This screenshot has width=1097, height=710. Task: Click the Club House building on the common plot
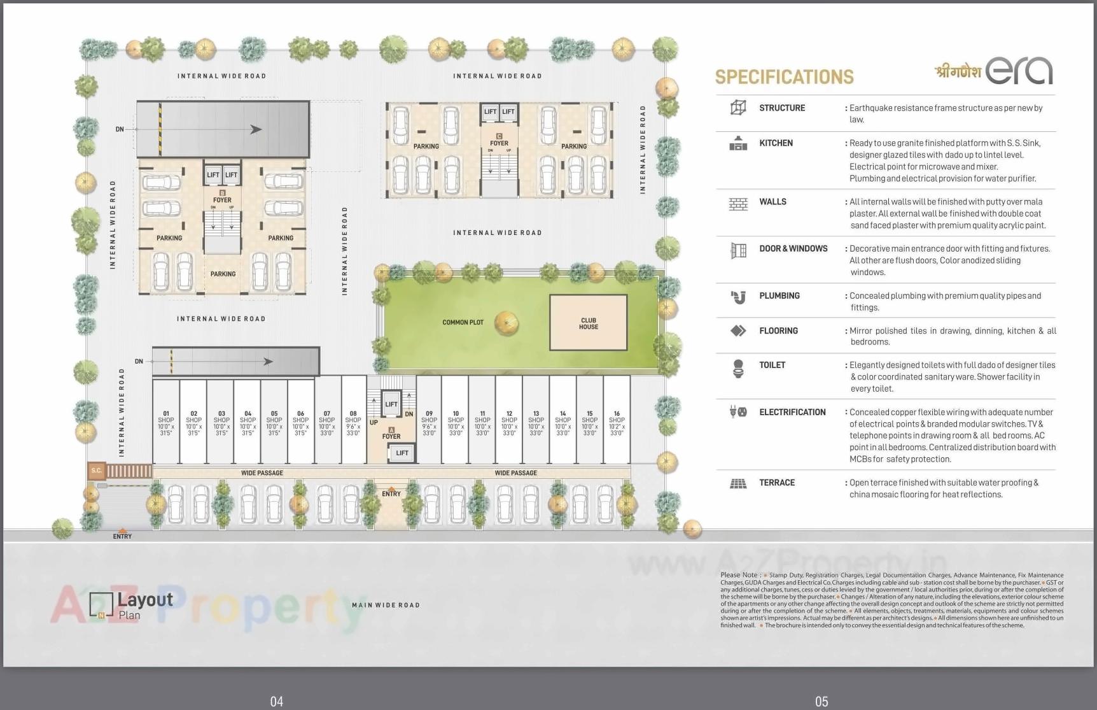pos(588,323)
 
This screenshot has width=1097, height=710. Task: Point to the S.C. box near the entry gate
pos(96,471)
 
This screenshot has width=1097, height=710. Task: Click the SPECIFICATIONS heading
pos(784,77)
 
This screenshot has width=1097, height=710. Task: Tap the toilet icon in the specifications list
pos(738,369)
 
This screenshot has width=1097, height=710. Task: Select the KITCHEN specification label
pos(776,143)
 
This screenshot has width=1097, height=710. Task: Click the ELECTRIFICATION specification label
pos(792,412)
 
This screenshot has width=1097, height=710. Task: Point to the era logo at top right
pos(1019,70)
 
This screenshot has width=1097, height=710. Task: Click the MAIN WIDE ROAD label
pos(386,605)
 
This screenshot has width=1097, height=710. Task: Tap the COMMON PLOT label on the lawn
pos(463,322)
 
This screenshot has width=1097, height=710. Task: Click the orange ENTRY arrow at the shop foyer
pos(392,486)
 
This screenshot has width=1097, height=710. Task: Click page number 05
pos(821,701)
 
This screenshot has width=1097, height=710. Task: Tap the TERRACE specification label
pos(776,483)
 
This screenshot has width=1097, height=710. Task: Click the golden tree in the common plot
pos(506,322)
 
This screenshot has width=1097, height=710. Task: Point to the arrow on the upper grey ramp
pos(256,129)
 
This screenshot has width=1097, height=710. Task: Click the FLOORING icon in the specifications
pos(738,330)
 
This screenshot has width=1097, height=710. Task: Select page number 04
pos(276,701)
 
